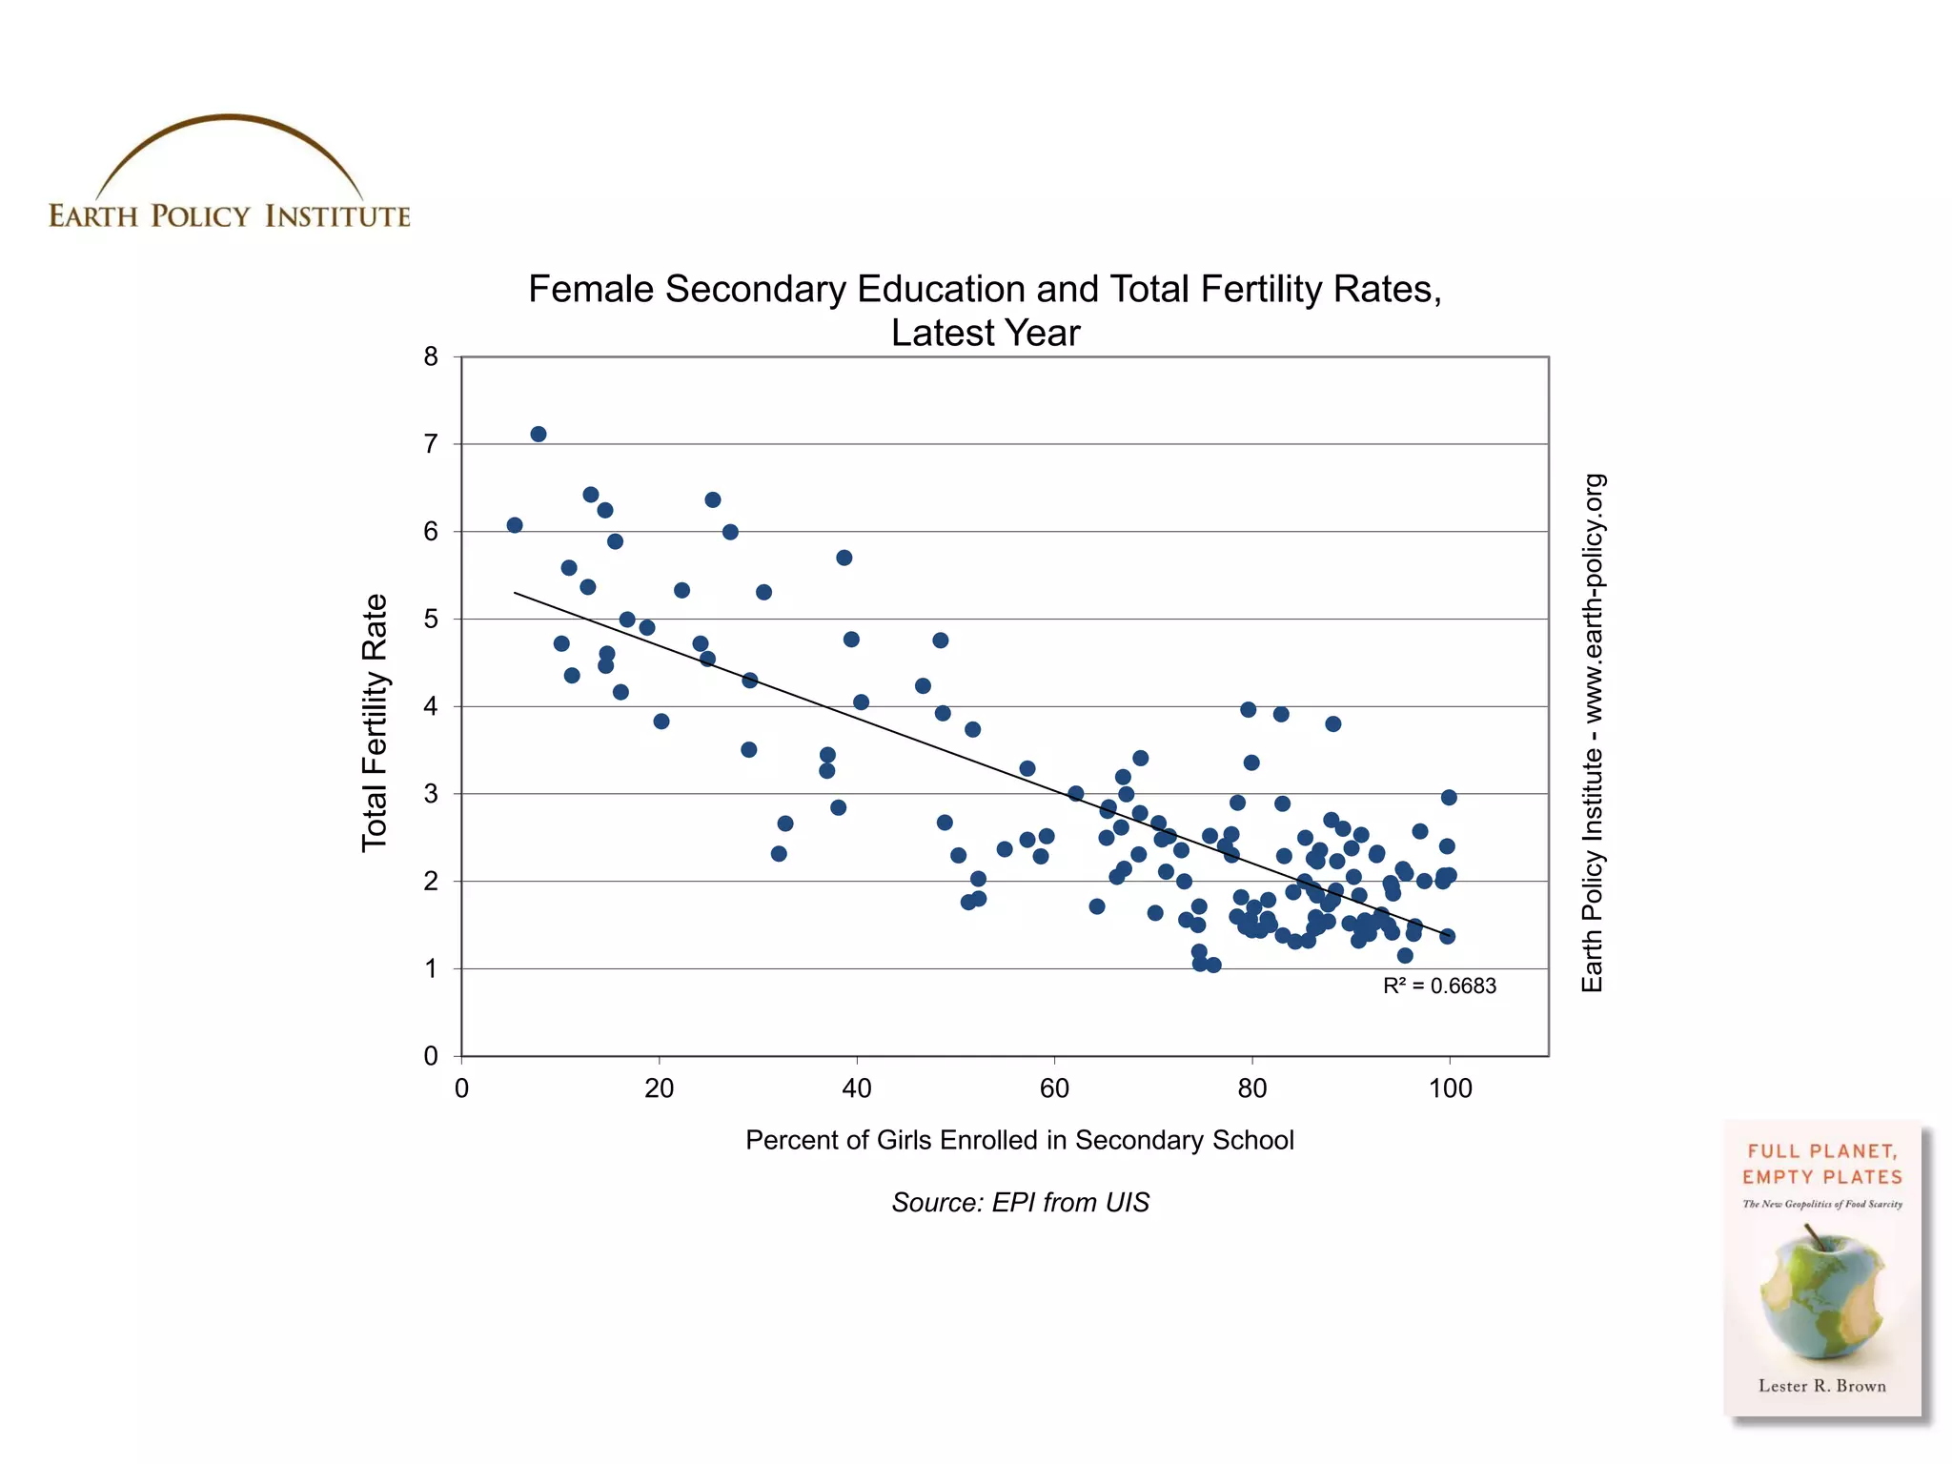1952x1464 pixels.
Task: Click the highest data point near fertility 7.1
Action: click(539, 435)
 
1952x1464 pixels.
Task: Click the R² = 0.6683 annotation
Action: click(1439, 986)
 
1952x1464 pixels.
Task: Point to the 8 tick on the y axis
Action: click(432, 357)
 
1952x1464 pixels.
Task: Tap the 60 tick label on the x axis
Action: click(1054, 1088)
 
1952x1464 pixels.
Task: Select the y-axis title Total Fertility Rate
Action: click(375, 722)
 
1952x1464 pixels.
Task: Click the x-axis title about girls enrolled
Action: click(1019, 1141)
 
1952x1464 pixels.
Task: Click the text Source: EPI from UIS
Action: click(1020, 1203)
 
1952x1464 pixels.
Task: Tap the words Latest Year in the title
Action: click(986, 334)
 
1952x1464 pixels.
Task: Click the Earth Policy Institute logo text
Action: click(230, 216)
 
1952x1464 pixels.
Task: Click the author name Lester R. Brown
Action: click(1822, 1386)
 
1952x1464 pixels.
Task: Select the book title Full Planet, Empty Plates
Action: click(1822, 1164)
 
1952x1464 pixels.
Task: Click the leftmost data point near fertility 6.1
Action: click(515, 525)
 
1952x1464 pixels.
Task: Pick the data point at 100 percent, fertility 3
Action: click(1449, 798)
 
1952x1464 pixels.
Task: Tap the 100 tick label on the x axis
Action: click(1450, 1088)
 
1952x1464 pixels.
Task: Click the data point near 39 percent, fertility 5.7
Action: click(844, 558)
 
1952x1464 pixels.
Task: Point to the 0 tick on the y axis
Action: click(432, 1056)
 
